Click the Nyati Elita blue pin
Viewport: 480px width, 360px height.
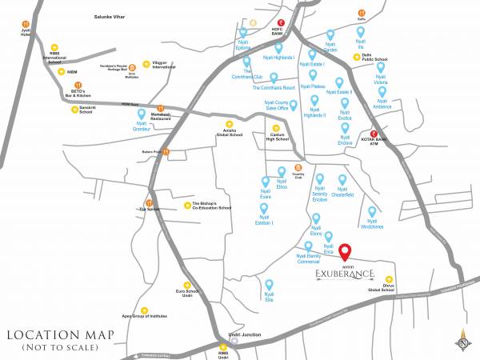pos(269,285)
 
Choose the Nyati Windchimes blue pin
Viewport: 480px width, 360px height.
pos(372,212)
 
